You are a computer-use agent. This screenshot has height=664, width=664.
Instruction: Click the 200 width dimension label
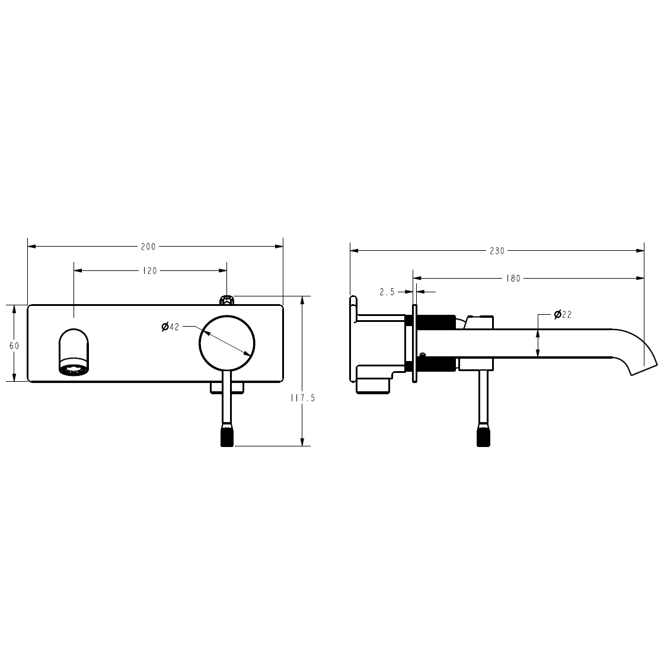click(x=148, y=247)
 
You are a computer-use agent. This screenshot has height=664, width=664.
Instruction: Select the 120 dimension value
click(x=150, y=271)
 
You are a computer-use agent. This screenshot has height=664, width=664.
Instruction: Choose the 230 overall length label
click(x=497, y=251)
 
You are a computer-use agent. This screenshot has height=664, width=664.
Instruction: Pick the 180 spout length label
click(x=514, y=278)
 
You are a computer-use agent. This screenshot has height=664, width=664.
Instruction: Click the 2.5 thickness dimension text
click(x=387, y=292)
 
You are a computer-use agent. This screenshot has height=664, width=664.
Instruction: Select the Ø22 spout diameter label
click(x=563, y=314)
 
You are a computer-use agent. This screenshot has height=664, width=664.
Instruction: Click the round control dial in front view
click(x=227, y=344)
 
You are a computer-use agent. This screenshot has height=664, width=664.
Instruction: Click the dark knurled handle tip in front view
click(x=227, y=436)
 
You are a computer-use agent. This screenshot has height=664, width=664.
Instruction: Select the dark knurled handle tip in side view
click(x=484, y=436)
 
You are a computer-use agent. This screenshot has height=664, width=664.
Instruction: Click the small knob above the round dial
click(x=226, y=300)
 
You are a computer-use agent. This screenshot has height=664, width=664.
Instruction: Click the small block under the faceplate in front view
click(x=228, y=388)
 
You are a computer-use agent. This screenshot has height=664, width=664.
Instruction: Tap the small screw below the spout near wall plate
click(x=422, y=355)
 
